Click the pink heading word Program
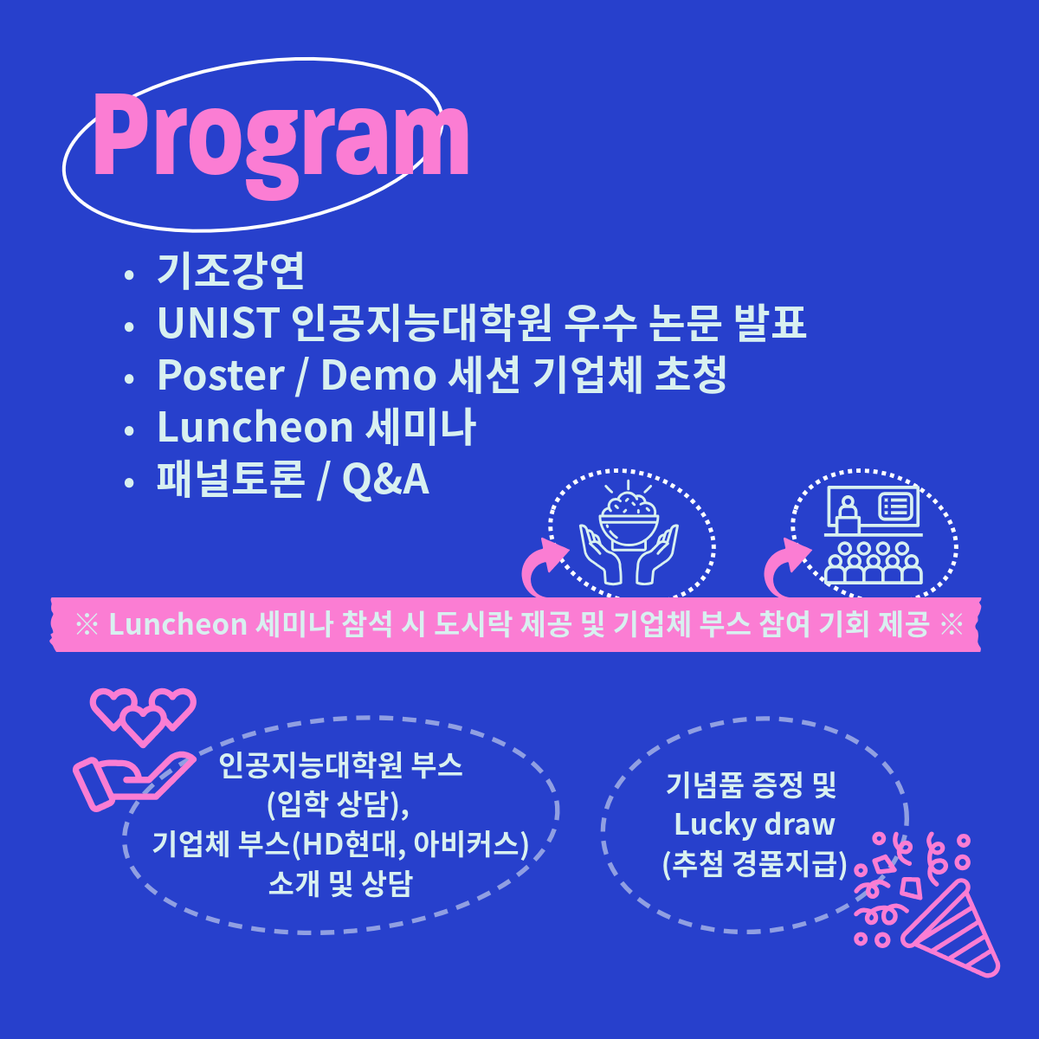pyautogui.click(x=281, y=143)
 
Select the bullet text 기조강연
pyautogui.click(x=231, y=271)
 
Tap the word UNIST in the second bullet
pyautogui.click(x=218, y=323)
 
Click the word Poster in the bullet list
pyautogui.click(x=221, y=375)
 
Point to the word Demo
pyautogui.click(x=378, y=375)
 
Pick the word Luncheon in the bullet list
pyautogui.click(x=255, y=427)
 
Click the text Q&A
pyautogui.click(x=386, y=480)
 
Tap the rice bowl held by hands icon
pyautogui.click(x=629, y=532)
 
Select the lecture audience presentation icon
pyautogui.click(x=873, y=534)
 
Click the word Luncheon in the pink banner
pyautogui.click(x=178, y=624)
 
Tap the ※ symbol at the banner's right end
pyautogui.click(x=951, y=624)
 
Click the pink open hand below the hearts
pyautogui.click(x=133, y=781)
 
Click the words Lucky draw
pyautogui.click(x=754, y=824)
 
